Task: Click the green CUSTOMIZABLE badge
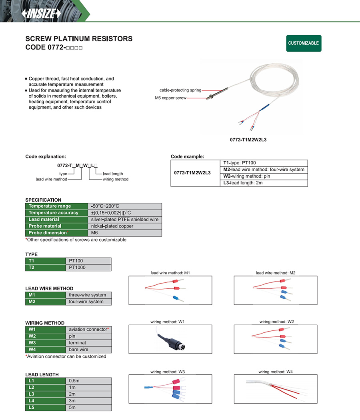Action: (304, 43)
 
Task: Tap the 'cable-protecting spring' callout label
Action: (180, 90)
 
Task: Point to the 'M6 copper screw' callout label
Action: (170, 98)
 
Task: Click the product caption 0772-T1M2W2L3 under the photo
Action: (248, 140)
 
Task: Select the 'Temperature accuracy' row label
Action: (54, 213)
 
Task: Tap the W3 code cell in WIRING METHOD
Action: (32, 343)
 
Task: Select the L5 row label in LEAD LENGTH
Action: (32, 408)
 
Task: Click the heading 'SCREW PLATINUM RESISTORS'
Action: (79, 39)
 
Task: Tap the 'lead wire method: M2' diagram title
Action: (276, 273)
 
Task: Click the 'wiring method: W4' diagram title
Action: (276, 372)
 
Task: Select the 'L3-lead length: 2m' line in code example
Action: (243, 183)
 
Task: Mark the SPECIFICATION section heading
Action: (43, 200)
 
